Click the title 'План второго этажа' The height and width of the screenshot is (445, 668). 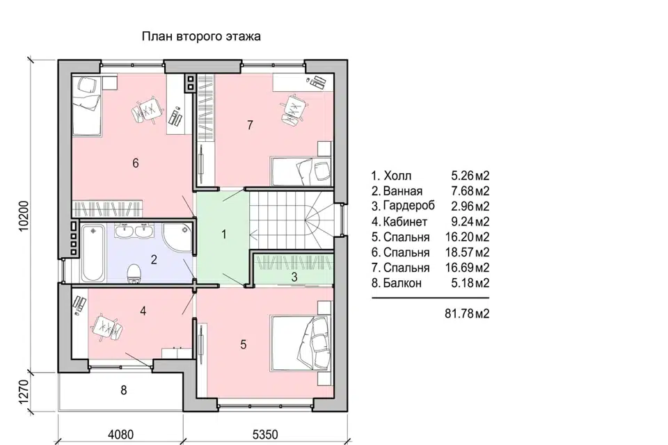coord(201,37)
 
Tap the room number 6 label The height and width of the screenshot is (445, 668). coord(136,163)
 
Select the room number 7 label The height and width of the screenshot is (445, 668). coord(250,124)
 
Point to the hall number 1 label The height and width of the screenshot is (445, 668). coord(224,234)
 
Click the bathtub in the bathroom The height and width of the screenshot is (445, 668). coord(93,252)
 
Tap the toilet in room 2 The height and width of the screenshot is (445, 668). coord(134,273)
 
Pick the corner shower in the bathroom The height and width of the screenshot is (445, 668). coord(177,238)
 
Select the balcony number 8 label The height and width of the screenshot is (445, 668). coord(124,390)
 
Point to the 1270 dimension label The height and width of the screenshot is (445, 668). coord(24,391)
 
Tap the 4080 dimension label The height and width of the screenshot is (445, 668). coord(121,435)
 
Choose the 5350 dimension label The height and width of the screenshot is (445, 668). coord(265,435)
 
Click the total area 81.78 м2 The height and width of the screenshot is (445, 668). coord(467,314)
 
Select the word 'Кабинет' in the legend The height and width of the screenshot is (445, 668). coord(405,222)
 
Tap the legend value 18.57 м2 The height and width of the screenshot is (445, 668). coord(467,252)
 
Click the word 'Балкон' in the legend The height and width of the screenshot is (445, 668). coord(403,283)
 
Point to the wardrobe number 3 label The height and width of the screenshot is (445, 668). coord(294,277)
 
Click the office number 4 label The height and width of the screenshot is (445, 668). coord(143,311)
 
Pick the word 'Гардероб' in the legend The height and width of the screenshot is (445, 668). coord(409,207)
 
